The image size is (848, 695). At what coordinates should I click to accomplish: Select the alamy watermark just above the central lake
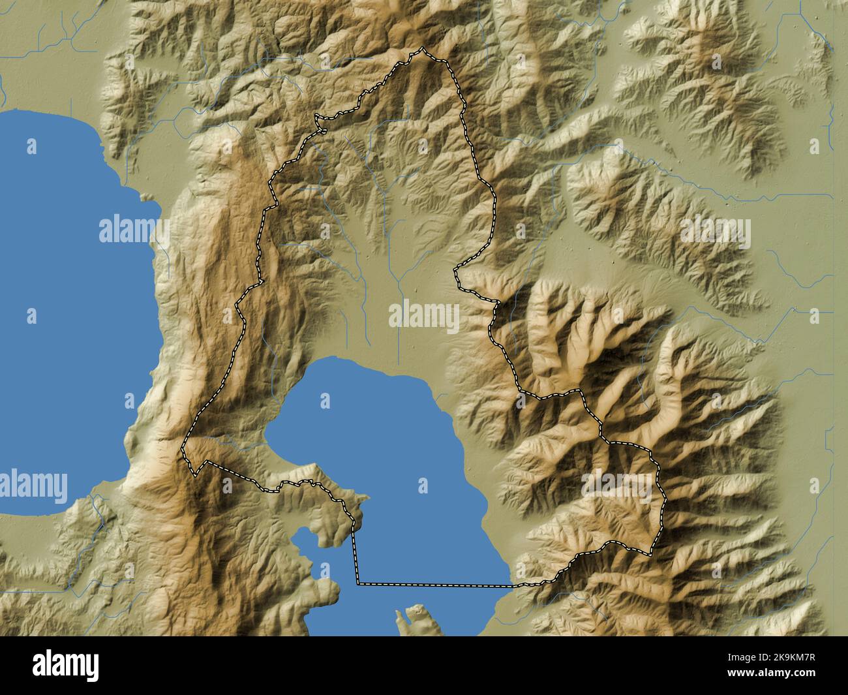(x=424, y=318)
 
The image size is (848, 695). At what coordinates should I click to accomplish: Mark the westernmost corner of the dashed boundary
(x=183, y=448)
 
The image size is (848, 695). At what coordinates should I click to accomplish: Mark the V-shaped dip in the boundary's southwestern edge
(x=195, y=474)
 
